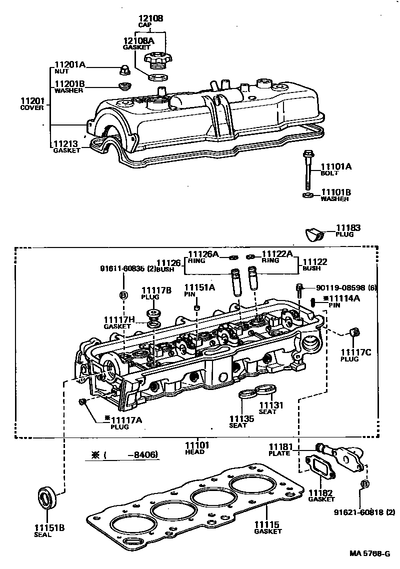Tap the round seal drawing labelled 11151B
pyautogui.click(x=48, y=497)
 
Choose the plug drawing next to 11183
pyautogui.click(x=314, y=233)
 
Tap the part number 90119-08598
pyautogui.click(x=340, y=287)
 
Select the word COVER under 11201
pyautogui.click(x=32, y=107)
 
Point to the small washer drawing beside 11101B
pyautogui.click(x=308, y=194)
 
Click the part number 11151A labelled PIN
pyautogui.click(x=199, y=287)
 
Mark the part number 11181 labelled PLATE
pyautogui.click(x=279, y=446)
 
